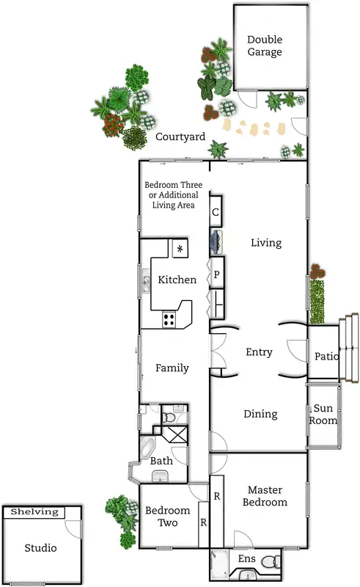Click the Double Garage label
click(x=265, y=45)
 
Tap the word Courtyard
click(x=180, y=136)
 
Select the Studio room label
click(x=40, y=547)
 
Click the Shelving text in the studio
click(x=35, y=512)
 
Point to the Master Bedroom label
click(x=266, y=496)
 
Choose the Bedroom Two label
click(x=167, y=517)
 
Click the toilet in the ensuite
click(x=271, y=562)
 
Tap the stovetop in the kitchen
click(x=169, y=319)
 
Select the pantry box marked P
click(x=217, y=275)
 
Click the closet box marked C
click(x=216, y=213)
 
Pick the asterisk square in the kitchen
click(x=180, y=249)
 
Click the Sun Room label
click(x=323, y=415)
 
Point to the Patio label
click(x=326, y=357)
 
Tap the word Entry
click(x=259, y=352)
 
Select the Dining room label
click(x=260, y=414)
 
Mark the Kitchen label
click(x=177, y=280)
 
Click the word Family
click(x=172, y=368)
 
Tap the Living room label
click(x=265, y=242)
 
